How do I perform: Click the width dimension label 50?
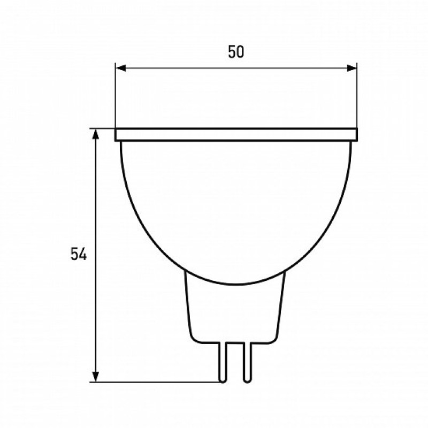(236, 52)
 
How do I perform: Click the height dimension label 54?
(79, 254)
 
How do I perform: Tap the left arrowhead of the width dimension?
(121, 68)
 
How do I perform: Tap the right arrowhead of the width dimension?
(352, 68)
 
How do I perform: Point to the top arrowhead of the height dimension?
(96, 134)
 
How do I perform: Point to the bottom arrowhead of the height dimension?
(96, 377)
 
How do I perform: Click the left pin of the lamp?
(223, 362)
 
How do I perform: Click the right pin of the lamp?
(247, 362)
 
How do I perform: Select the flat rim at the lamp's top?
(236, 134)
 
